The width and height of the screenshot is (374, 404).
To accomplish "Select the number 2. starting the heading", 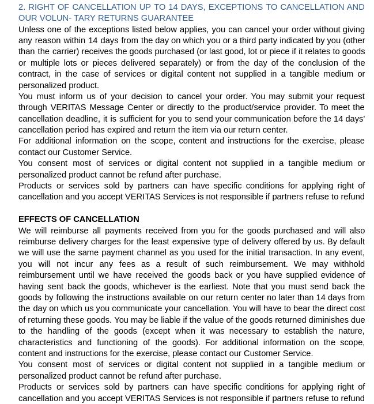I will coord(22,7).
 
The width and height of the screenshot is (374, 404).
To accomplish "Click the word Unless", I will coord(32,29).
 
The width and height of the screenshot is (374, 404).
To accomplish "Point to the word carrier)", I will coord(61,52).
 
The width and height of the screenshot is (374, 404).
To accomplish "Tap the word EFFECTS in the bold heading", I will coord(37,219).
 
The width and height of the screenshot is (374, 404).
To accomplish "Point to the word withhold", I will coord(344,264).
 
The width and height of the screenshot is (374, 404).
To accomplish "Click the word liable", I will coord(160,320).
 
